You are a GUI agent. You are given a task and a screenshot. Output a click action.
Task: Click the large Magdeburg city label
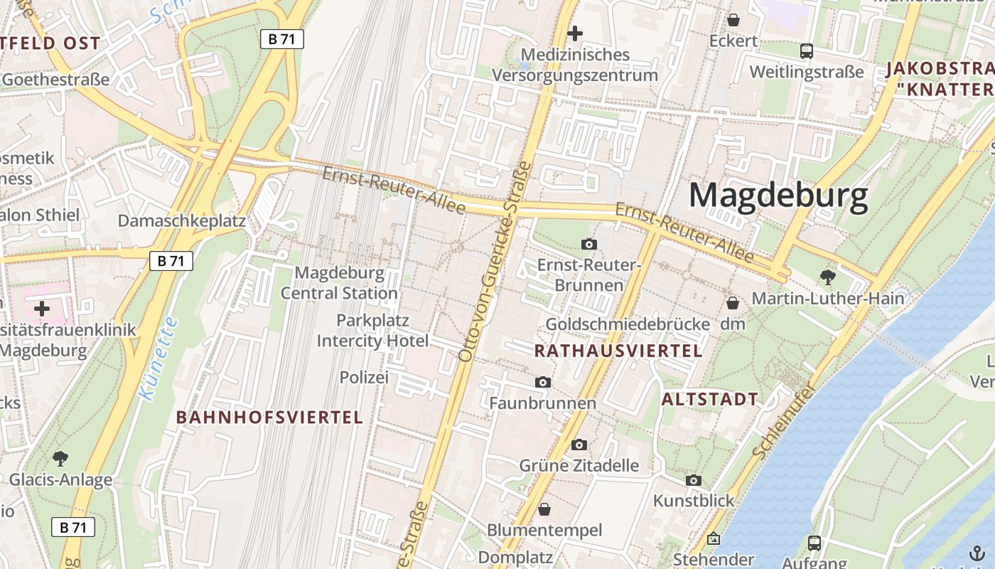tap(778, 195)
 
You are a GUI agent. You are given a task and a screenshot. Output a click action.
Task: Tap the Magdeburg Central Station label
tap(339, 283)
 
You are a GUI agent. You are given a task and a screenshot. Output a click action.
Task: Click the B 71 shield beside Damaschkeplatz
tap(171, 261)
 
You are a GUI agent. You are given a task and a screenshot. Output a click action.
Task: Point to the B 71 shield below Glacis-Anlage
tap(73, 527)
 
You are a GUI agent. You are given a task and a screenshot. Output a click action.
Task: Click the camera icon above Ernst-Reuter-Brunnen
tap(588, 245)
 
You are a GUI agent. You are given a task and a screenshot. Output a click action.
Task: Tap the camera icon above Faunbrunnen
tap(543, 383)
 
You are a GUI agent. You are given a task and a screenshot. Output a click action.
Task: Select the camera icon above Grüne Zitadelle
tap(579, 445)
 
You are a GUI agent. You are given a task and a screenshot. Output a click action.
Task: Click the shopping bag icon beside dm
tap(733, 304)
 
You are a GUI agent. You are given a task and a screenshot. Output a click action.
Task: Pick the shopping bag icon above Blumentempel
tap(544, 509)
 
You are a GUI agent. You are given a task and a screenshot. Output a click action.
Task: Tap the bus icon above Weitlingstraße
tap(807, 51)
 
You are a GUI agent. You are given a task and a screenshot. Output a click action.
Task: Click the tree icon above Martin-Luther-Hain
tap(827, 277)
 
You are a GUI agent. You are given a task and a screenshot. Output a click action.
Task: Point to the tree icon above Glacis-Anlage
tap(60, 459)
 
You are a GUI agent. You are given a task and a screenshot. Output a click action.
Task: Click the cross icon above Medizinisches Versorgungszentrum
tap(575, 33)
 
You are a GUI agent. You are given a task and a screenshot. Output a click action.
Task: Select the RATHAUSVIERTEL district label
tap(618, 351)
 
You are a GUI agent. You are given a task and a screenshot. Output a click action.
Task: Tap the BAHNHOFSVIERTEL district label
tap(269, 418)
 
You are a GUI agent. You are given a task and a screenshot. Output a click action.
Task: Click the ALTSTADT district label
tap(709, 399)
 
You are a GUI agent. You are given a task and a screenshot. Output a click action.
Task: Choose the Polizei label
tap(364, 378)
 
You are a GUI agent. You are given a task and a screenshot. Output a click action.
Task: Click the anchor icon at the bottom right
tap(977, 554)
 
